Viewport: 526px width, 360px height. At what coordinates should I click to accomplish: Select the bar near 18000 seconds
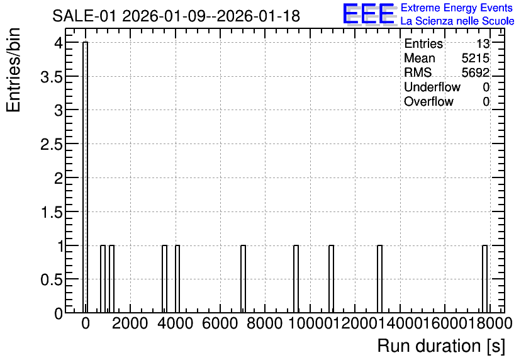click(484, 279)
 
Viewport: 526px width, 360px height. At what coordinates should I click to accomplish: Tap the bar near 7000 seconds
click(243, 279)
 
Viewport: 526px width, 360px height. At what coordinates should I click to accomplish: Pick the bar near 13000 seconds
click(380, 279)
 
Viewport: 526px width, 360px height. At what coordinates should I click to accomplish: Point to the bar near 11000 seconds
click(331, 279)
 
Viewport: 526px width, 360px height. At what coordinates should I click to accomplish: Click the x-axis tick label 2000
click(130, 323)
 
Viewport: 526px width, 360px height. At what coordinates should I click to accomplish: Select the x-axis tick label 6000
click(220, 323)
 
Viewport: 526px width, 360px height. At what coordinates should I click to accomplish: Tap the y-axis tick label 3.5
click(52, 77)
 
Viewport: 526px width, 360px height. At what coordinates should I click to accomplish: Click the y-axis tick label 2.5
click(52, 145)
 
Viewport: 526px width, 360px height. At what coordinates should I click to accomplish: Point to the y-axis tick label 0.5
click(52, 279)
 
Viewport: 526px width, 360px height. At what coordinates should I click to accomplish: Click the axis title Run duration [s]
click(441, 346)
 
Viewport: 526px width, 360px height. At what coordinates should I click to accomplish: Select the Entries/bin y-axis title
click(13, 70)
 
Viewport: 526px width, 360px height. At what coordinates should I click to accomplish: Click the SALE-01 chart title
click(176, 16)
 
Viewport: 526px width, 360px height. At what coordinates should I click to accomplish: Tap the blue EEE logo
click(369, 14)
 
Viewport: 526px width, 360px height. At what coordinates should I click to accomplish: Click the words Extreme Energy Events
click(457, 8)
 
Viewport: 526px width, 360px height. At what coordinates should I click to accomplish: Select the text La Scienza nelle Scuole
click(457, 21)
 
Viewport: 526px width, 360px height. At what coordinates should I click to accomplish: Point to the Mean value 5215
click(475, 58)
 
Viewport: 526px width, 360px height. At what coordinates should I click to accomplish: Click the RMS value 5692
click(475, 72)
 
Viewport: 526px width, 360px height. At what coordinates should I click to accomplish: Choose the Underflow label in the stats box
click(432, 87)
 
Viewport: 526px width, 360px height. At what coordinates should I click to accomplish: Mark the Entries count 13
click(483, 43)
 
